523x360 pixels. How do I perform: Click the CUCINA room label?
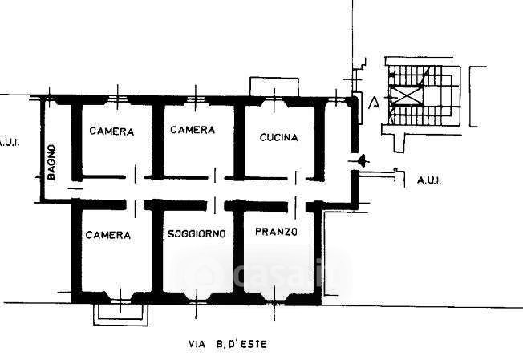point(278,137)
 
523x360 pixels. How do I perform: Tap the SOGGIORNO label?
point(197,234)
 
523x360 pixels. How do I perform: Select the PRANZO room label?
point(276,233)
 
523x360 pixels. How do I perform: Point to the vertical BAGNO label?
point(51,162)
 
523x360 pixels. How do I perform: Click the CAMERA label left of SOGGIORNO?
point(107,235)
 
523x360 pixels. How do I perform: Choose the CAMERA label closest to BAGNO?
point(111,131)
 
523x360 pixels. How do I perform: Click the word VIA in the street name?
point(195,345)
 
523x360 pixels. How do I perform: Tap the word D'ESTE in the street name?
point(250,345)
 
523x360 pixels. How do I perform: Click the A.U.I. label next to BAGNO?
point(10,143)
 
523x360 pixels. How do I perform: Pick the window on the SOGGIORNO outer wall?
point(197,297)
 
